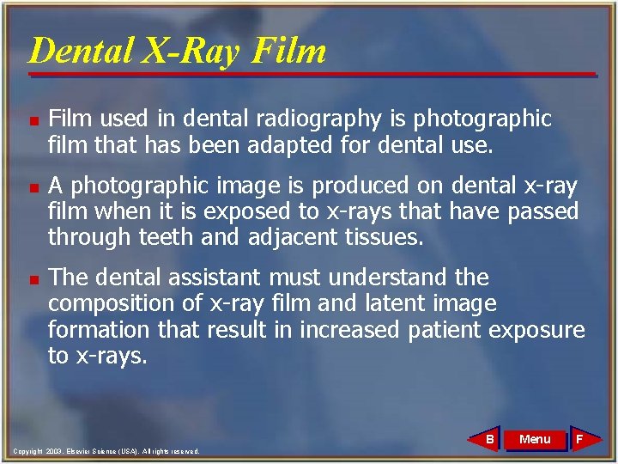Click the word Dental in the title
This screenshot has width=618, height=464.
[x=80, y=52]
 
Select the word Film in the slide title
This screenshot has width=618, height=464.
[x=289, y=52]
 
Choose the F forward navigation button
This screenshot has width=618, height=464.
[x=579, y=440]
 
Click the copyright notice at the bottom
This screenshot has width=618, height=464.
[x=106, y=451]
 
